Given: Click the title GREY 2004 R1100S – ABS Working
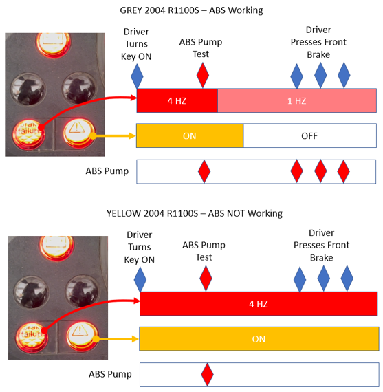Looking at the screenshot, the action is (x=191, y=10).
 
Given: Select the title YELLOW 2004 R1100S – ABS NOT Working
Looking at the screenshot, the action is (x=195, y=213).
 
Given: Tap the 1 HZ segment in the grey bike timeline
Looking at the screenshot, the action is (x=297, y=100).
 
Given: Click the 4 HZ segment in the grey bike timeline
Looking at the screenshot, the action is (x=177, y=100).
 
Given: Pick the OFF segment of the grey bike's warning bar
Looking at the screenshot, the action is (x=309, y=135).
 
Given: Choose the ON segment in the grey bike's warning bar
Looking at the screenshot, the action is (x=190, y=135).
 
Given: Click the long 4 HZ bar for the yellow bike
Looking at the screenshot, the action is (x=259, y=303).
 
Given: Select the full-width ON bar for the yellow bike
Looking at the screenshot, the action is (x=259, y=339).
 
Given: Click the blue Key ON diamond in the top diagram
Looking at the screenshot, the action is (x=137, y=76).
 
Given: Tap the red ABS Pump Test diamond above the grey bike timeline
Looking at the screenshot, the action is (x=203, y=75).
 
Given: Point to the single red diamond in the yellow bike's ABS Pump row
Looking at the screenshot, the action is (x=207, y=375).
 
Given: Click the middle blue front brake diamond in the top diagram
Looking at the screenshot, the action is (x=320, y=75).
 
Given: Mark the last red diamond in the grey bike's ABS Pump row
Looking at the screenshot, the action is (x=344, y=171).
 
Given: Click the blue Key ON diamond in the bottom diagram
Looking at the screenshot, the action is (x=140, y=279).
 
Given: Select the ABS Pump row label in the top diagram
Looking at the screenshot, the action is (x=107, y=171).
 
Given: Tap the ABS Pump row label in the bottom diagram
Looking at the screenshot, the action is (x=110, y=374).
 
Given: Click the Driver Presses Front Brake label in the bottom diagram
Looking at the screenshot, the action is (x=322, y=246).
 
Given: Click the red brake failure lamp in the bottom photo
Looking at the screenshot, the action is (x=32, y=336).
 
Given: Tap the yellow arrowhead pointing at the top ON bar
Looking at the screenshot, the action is (x=131, y=136).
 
